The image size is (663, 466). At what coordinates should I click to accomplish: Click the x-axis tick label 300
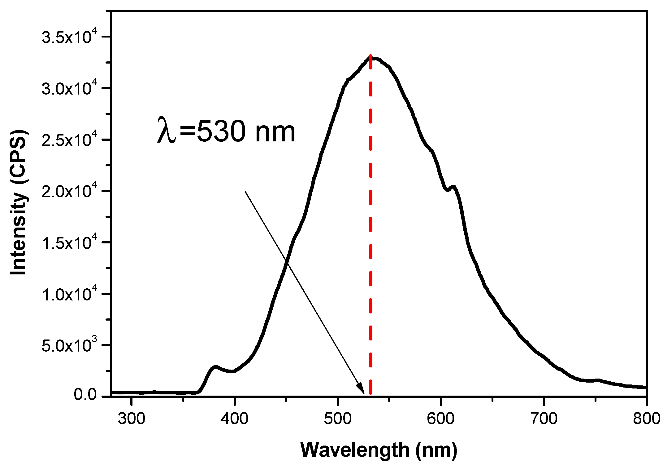pos(131,419)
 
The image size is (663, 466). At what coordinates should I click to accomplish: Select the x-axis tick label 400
pos(234,419)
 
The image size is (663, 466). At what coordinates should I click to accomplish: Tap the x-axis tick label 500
pos(337,419)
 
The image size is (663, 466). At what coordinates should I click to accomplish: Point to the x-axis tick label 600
pos(440,419)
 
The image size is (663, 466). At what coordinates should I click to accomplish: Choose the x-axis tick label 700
pos(544,419)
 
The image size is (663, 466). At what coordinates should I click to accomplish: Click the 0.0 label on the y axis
pos(85,395)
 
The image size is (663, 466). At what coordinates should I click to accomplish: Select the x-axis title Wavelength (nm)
pos(379,450)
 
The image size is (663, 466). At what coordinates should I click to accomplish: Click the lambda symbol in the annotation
pos(166,130)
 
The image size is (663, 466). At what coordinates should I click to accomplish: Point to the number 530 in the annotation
pos(221,132)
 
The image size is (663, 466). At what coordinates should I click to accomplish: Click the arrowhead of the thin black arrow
pos(361,389)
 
